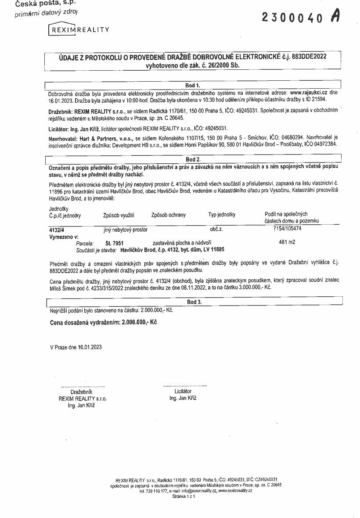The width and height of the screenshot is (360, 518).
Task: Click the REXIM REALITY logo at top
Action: click(79, 29)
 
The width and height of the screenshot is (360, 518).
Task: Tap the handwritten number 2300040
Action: click(292, 17)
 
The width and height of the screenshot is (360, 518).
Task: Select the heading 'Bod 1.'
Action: click(193, 85)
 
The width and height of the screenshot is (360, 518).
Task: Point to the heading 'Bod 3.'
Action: click(194, 302)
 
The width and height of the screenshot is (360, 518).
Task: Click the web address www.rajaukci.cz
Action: click(309, 93)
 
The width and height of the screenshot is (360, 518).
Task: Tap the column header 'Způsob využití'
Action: click(119, 215)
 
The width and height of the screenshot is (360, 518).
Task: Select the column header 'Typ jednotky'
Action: click(222, 215)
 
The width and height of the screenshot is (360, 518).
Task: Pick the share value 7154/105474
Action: click(288, 229)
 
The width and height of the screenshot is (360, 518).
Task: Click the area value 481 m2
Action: click(287, 242)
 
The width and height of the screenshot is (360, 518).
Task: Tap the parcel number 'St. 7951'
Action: click(115, 243)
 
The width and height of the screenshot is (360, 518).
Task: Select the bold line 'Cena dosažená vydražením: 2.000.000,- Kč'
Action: click(104, 322)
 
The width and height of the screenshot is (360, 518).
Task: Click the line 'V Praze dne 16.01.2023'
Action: click(76, 347)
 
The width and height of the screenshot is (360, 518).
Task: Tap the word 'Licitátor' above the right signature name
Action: click(183, 391)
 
